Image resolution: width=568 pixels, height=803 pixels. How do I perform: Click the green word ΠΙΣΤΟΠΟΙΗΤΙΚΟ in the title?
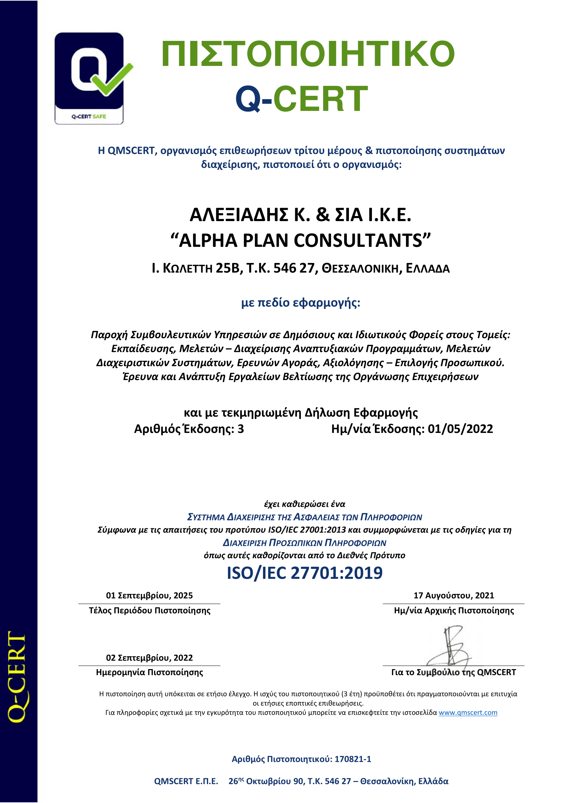[308, 54]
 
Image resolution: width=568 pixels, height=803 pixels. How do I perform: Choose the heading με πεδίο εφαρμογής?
[300, 302]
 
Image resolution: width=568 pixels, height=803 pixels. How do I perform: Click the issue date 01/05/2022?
[460, 429]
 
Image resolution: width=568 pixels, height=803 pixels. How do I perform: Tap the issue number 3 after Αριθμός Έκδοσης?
[241, 429]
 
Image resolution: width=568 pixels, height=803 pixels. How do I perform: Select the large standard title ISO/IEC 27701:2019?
[305, 573]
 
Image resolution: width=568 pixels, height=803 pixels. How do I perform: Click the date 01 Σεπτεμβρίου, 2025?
[149, 596]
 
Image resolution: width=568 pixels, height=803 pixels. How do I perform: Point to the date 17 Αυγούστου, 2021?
[454, 596]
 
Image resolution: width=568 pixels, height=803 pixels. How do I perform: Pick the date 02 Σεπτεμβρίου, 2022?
[149, 658]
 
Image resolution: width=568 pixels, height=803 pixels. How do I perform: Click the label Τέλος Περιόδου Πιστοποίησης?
[149, 611]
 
